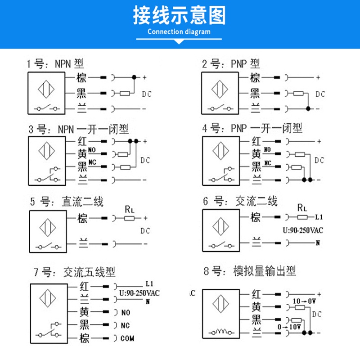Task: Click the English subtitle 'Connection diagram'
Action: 179,31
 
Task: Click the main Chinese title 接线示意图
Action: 179,15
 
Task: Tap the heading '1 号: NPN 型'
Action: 55,64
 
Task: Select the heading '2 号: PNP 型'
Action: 231,64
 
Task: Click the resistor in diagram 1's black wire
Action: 125,93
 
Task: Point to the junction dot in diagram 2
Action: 308,108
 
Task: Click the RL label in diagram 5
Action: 130,210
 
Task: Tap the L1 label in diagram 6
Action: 319,217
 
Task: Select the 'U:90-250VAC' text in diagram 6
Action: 303,230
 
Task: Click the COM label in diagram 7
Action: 127,338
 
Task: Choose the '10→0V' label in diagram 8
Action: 304,301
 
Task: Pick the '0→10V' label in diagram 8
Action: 289,327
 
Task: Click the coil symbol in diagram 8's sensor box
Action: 221,332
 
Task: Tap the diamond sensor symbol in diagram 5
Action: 48,228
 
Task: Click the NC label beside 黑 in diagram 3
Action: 92,162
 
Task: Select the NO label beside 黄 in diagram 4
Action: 267,150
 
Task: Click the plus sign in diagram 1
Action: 144,77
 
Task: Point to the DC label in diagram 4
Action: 319,160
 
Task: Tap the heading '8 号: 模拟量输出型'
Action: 250,271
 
